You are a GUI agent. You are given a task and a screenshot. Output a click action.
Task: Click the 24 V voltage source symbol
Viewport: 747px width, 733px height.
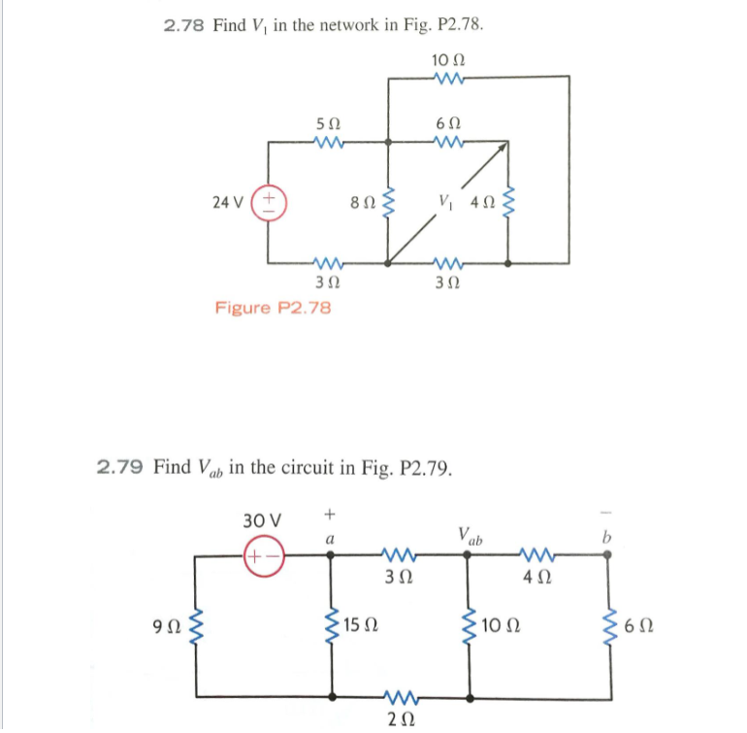pyautogui.click(x=267, y=203)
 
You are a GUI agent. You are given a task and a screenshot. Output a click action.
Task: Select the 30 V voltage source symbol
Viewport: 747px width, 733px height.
pyautogui.click(x=259, y=556)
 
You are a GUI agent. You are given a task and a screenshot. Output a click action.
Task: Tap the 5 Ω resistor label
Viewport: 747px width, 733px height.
pyautogui.click(x=328, y=123)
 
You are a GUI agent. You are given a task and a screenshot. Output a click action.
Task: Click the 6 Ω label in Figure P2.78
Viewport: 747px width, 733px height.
pyautogui.click(x=448, y=123)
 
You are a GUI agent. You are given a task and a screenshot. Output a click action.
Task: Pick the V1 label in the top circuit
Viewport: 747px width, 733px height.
pyautogui.click(x=445, y=203)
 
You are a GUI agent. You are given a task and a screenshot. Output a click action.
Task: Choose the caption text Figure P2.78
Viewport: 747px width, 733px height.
pyautogui.click(x=273, y=308)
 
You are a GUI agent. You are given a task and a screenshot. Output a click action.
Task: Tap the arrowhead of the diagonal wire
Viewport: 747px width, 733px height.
pyautogui.click(x=503, y=147)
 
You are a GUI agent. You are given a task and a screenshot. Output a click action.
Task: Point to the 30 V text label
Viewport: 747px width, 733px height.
pyautogui.click(x=262, y=519)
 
